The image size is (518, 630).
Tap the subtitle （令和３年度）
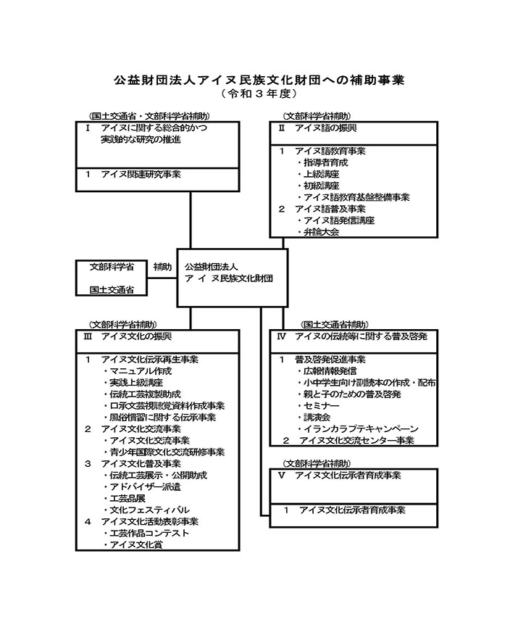pyautogui.click(x=259, y=94)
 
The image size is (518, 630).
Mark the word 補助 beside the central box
pyautogui.click(x=162, y=267)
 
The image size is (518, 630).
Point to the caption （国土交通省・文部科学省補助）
pyautogui.click(x=148, y=116)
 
